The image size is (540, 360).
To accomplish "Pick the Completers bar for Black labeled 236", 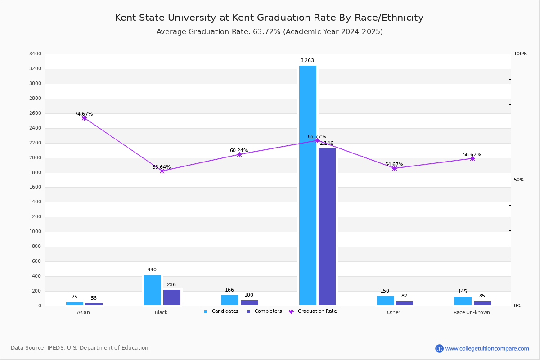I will click(171, 297).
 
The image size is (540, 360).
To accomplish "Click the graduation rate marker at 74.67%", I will click(84, 118).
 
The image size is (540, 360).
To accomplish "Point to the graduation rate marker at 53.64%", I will click(162, 171).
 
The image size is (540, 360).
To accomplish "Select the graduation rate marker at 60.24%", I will click(239, 154).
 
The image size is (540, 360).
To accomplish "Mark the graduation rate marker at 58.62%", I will click(472, 158).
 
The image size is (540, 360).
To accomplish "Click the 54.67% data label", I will click(394, 165).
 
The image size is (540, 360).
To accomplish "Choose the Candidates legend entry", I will click(221, 311).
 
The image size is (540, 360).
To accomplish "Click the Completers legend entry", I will click(264, 311).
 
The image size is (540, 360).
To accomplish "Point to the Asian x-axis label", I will click(83, 312).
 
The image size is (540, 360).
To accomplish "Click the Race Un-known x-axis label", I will click(472, 312).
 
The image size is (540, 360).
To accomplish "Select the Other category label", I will click(393, 312).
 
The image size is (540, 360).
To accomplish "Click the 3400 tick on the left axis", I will click(35, 54).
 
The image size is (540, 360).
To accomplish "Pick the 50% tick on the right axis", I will click(519, 180).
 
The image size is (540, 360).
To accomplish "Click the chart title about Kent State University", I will click(269, 18).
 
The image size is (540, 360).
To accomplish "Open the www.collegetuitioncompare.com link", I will click(487, 348).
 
